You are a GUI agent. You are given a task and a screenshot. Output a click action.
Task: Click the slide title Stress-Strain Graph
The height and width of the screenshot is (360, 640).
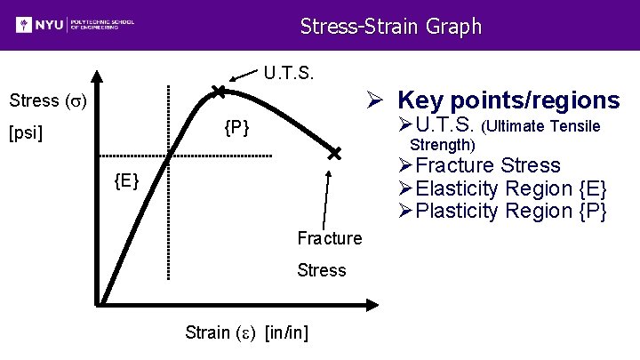[390, 26]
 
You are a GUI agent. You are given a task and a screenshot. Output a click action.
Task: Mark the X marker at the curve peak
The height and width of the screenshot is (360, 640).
[219, 91]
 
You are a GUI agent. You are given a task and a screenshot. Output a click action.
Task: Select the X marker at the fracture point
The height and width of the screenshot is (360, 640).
[334, 154]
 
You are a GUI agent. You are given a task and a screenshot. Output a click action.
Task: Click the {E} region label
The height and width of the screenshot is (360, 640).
[126, 182]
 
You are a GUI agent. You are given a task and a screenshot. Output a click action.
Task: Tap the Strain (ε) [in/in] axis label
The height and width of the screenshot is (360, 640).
[246, 332]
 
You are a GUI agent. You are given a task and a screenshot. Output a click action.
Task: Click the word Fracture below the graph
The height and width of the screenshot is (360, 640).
[330, 238]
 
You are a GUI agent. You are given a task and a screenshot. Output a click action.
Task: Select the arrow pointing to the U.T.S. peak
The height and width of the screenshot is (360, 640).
[243, 78]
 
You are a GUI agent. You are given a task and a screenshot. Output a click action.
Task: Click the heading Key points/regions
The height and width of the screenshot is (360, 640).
[508, 100]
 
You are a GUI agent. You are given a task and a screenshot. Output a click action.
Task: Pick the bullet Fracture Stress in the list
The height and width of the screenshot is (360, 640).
[488, 165]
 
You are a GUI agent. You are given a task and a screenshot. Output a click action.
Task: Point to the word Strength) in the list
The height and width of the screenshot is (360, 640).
[442, 144]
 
